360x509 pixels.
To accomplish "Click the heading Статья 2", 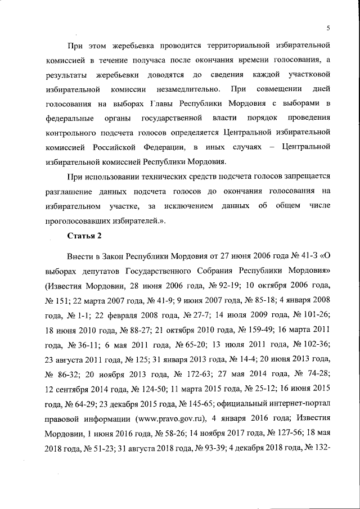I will (85, 235).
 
